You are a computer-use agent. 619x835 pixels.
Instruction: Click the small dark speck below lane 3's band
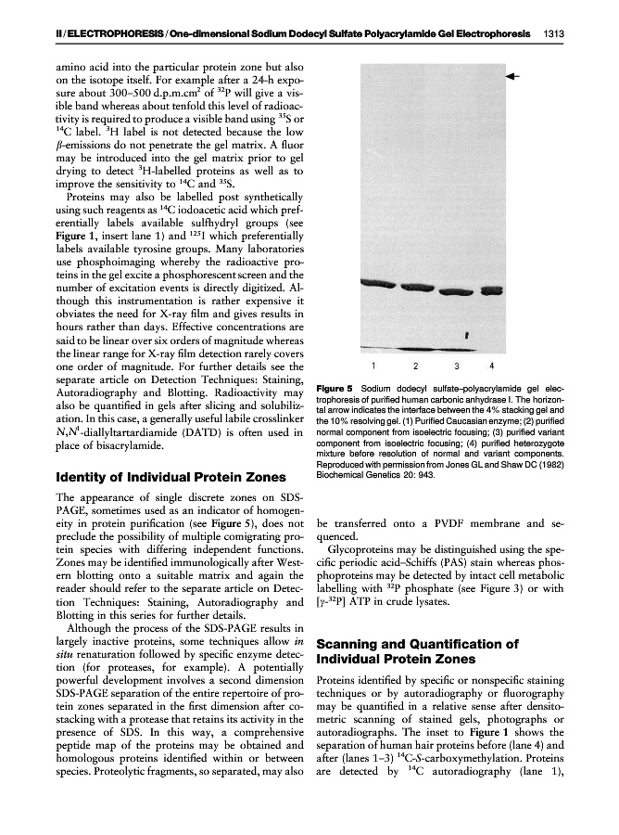pos(466,331)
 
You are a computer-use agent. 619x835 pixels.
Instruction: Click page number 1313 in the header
pos(555,34)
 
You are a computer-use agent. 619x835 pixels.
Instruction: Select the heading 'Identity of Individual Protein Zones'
pos(171,478)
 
